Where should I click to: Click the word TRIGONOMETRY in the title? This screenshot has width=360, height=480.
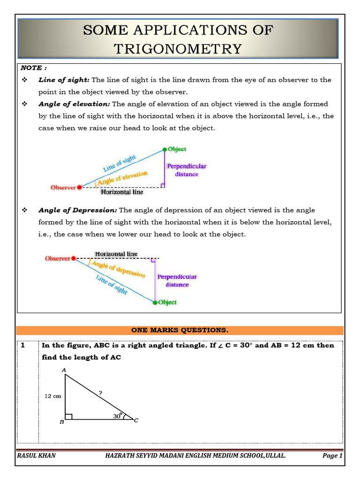pos(178,49)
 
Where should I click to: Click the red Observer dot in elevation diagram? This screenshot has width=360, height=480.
pos(79,187)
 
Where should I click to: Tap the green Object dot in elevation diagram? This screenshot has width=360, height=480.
pos(165,149)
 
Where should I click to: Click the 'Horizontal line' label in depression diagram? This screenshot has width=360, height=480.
pos(116,254)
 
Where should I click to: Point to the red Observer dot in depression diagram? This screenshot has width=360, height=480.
pos(74,258)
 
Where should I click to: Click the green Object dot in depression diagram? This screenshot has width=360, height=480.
pos(155,302)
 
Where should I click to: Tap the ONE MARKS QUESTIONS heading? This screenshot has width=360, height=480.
pos(180,330)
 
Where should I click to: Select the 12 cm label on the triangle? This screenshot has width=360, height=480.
pos(52,396)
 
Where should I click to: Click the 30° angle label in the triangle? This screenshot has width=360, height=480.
pos(117,415)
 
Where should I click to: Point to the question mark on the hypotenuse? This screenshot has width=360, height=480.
pos(100,393)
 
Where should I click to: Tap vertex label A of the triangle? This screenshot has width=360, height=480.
pos(64,370)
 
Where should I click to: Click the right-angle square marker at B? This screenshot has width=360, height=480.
pos(68,416)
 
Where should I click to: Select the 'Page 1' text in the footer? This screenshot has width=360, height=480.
pos(332,456)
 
